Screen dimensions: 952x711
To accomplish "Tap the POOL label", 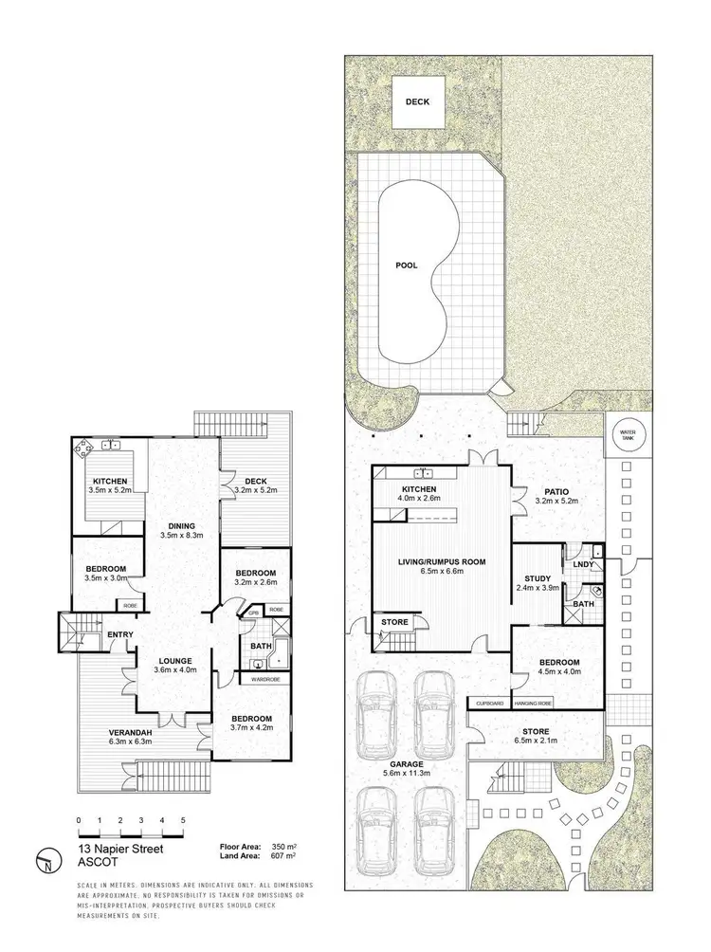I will click(408, 265).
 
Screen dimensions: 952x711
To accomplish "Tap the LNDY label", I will click(583, 566).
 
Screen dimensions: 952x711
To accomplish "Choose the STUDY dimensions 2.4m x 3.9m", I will click(538, 589).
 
